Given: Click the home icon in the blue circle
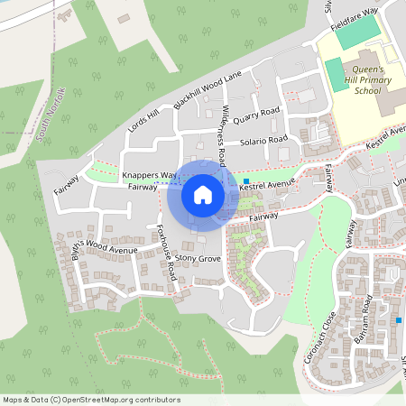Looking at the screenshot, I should pyautogui.click(x=203, y=194).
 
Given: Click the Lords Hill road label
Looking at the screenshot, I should pyautogui.click(x=143, y=119).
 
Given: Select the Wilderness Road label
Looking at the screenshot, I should pyautogui.click(x=223, y=132).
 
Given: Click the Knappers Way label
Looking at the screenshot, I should pyautogui.click(x=149, y=174).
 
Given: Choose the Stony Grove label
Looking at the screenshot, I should pyautogui.click(x=198, y=259).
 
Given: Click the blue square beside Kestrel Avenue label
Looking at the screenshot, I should pyautogui.click(x=245, y=181).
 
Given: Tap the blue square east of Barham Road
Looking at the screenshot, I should pyautogui.click(x=398, y=320).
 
